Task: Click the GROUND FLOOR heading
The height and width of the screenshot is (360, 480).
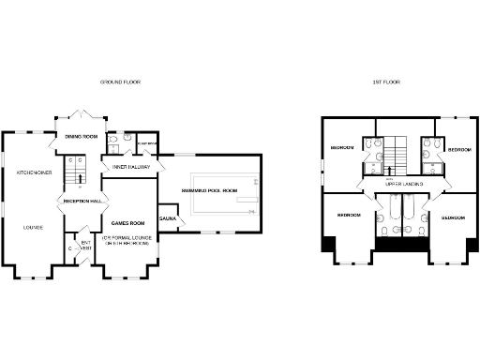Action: (x=119, y=82)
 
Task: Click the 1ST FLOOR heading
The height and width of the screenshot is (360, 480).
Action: (x=385, y=82)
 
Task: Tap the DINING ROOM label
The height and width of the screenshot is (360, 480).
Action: (x=82, y=137)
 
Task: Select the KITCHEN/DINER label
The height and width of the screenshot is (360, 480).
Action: (x=34, y=172)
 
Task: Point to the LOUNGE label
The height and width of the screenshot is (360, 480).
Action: (x=34, y=227)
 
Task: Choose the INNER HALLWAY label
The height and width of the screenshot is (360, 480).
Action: (x=133, y=167)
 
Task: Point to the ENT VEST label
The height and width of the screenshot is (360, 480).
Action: (x=86, y=246)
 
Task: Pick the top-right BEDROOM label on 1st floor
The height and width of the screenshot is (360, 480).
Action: (x=458, y=149)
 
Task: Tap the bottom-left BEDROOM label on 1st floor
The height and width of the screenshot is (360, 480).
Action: (x=349, y=216)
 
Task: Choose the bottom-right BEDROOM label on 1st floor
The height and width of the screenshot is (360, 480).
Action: (x=454, y=217)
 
